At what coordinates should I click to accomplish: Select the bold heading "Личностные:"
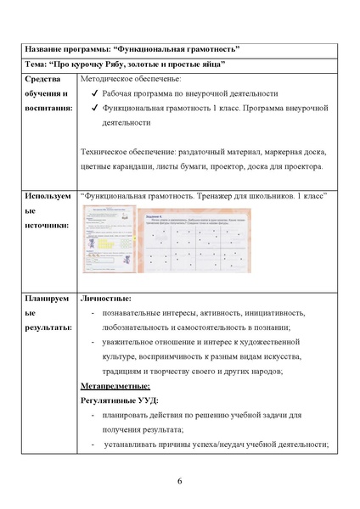(105, 299)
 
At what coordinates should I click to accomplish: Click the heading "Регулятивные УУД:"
(119, 400)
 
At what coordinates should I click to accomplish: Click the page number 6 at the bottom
(180, 482)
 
